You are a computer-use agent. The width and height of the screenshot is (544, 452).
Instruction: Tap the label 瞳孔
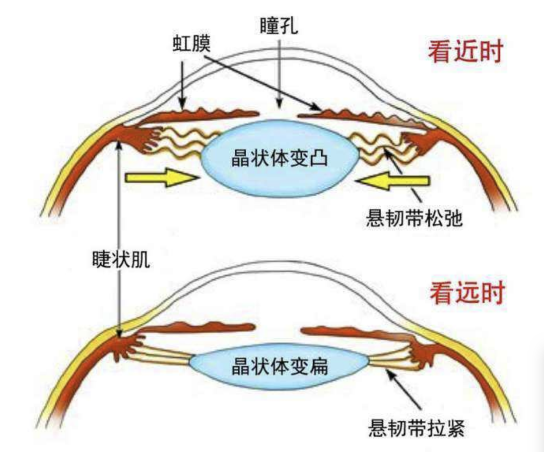click(279, 26)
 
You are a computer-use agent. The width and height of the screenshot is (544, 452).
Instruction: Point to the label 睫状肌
click(118, 262)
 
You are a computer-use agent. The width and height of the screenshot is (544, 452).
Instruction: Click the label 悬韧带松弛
click(414, 219)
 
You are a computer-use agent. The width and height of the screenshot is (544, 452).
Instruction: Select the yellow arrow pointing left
click(393, 181)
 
